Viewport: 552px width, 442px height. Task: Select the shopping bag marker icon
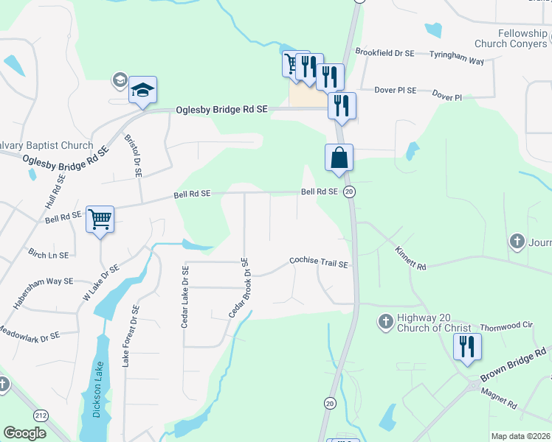pos(339,158)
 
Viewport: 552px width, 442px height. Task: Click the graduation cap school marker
pos(142,91)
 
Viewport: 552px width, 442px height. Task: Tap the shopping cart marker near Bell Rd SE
pos(100,219)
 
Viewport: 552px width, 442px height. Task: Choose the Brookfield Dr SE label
pos(384,53)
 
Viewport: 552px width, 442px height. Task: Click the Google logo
pos(24,433)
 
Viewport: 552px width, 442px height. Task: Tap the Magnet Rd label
pos(500,400)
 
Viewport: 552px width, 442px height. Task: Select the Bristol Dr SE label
pos(136,155)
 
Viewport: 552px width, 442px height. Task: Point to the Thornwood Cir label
pos(506,326)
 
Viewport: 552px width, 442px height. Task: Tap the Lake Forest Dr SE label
pos(130,336)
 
